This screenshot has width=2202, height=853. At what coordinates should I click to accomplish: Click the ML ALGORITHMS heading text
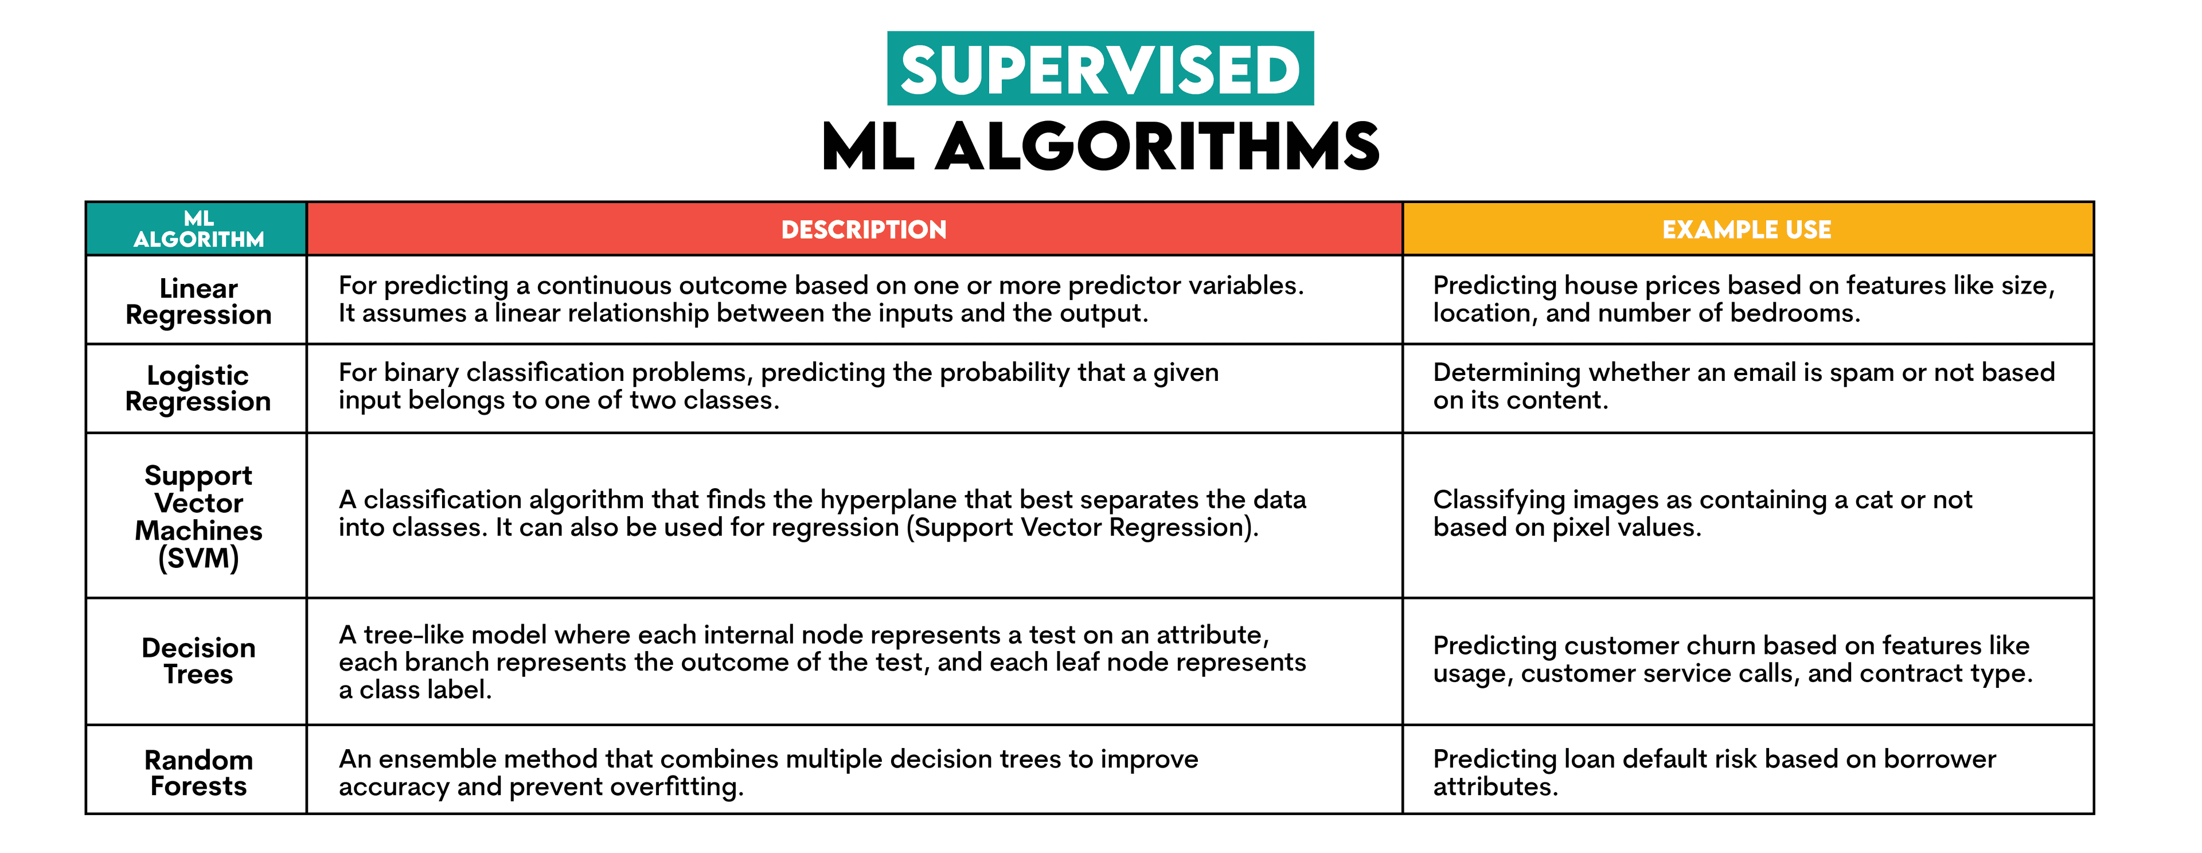[1100, 147]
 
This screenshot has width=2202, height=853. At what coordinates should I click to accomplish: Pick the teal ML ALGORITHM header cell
[198, 229]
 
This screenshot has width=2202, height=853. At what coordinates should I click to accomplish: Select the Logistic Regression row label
[198, 388]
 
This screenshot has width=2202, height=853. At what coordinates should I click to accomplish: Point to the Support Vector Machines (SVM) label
[198, 516]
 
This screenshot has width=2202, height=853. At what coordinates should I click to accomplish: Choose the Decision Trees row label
[198, 661]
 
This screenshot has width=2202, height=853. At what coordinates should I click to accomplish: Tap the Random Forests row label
[198, 773]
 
